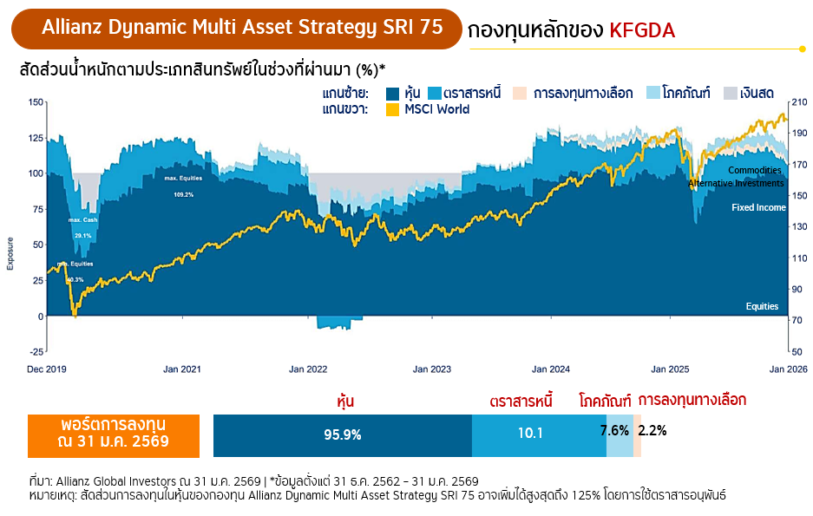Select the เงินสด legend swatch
click(x=731, y=93)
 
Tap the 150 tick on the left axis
click(x=36, y=101)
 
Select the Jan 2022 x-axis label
click(x=310, y=369)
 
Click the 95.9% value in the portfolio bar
click(x=342, y=434)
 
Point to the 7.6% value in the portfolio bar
click(x=614, y=431)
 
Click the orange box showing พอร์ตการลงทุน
click(x=113, y=434)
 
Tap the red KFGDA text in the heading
click(x=642, y=31)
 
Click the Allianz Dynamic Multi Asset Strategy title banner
click(x=237, y=28)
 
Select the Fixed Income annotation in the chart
click(x=758, y=208)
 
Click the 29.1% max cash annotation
click(x=82, y=236)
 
